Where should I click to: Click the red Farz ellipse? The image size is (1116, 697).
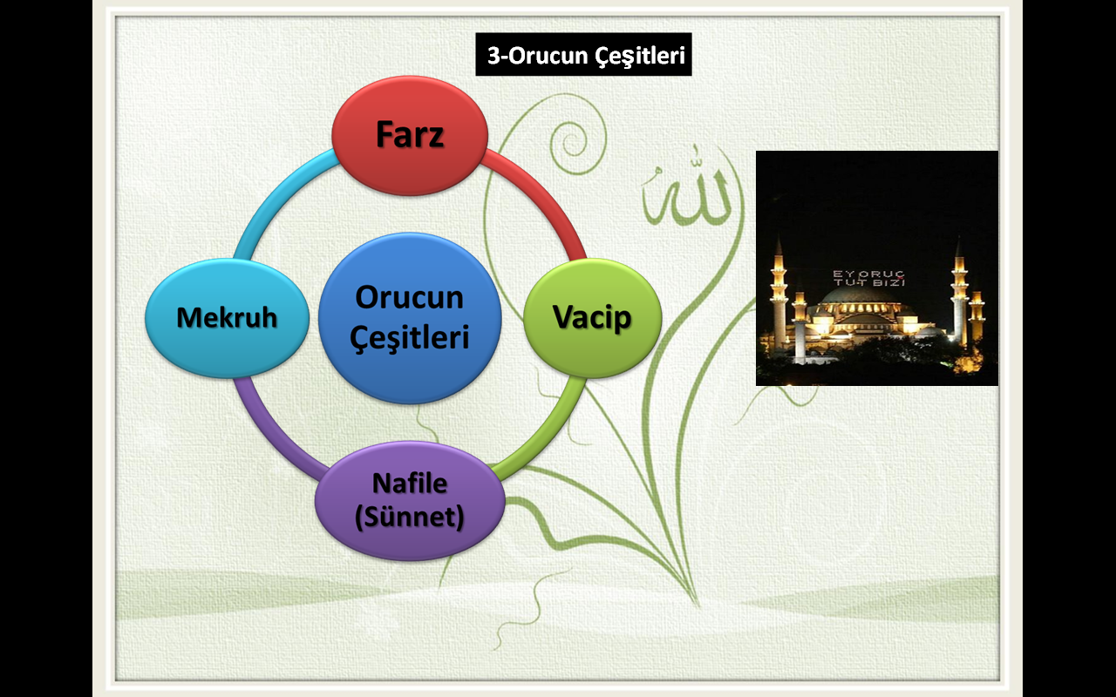(x=410, y=135)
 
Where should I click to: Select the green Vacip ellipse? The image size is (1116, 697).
(x=592, y=318)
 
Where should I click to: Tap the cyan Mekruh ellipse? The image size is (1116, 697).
(x=228, y=318)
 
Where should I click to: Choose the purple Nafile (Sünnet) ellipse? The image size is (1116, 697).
(x=410, y=500)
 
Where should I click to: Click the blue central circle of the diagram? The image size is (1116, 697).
(x=410, y=318)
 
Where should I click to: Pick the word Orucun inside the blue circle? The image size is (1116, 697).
(x=410, y=298)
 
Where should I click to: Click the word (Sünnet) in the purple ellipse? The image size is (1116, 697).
(x=410, y=517)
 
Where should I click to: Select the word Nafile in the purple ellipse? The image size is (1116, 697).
(x=410, y=484)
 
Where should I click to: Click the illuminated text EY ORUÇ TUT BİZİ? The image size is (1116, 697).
(x=869, y=278)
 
